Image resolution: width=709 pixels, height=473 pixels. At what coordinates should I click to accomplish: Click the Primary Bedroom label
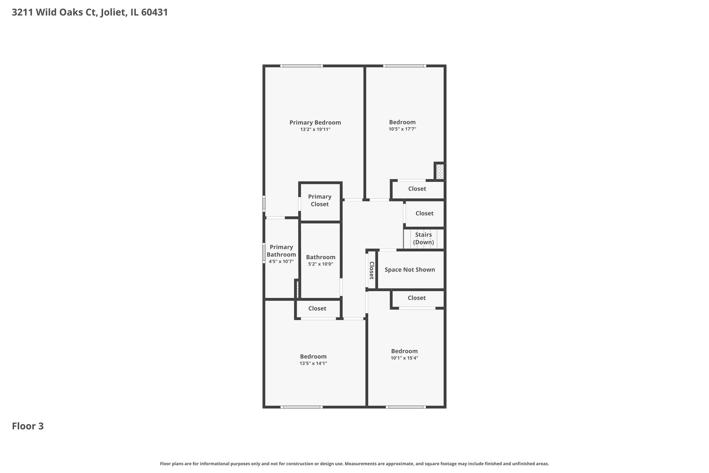coord(315,123)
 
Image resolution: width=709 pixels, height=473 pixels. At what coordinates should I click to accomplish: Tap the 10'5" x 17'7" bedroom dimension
coord(402,129)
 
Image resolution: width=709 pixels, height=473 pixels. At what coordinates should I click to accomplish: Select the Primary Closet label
coord(319,200)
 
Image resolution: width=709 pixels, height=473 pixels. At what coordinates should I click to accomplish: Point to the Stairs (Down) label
coord(424,238)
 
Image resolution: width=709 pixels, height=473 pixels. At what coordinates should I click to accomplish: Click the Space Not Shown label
coord(410,270)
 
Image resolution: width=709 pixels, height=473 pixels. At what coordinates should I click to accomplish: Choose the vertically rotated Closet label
coord(372,270)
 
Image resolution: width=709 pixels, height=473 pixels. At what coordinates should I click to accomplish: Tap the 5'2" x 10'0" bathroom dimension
coord(321,264)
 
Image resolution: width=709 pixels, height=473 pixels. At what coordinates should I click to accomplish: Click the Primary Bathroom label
coord(281,251)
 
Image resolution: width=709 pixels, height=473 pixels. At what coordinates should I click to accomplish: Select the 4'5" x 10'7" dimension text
coord(281,261)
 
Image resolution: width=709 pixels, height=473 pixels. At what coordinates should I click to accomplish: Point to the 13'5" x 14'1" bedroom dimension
coord(313,364)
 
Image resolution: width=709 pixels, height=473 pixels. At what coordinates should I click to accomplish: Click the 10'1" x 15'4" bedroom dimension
coord(404,358)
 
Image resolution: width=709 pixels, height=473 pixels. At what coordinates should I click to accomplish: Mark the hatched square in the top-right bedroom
coord(440,171)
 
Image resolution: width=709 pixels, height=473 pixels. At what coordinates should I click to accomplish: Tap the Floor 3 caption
coord(28,426)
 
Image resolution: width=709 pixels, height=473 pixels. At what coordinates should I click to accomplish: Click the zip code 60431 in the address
coord(154,12)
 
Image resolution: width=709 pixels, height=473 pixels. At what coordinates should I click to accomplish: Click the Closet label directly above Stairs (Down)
coord(425,213)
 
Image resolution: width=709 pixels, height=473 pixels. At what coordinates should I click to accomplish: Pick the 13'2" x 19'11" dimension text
coord(315,129)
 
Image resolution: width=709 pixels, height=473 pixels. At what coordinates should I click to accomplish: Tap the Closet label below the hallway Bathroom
coord(317,308)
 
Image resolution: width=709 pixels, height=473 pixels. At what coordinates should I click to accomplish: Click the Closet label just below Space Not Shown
coord(417,298)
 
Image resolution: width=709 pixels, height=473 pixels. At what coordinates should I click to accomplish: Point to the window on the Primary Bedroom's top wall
coord(301,66)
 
